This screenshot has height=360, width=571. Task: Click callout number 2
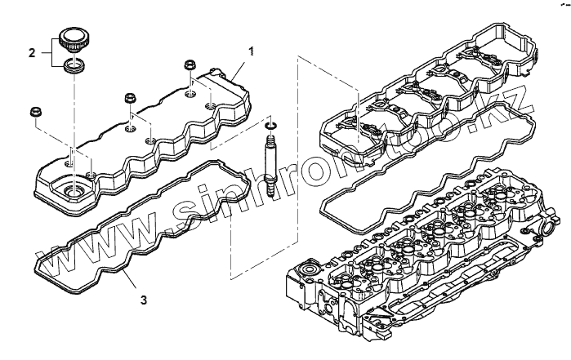32,53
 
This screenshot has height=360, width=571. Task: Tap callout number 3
143,300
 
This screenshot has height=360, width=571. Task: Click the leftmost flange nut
36,111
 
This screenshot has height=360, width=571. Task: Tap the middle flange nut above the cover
129,98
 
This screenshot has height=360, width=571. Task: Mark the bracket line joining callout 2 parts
51,53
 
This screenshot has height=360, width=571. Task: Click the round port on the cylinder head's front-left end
310,269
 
